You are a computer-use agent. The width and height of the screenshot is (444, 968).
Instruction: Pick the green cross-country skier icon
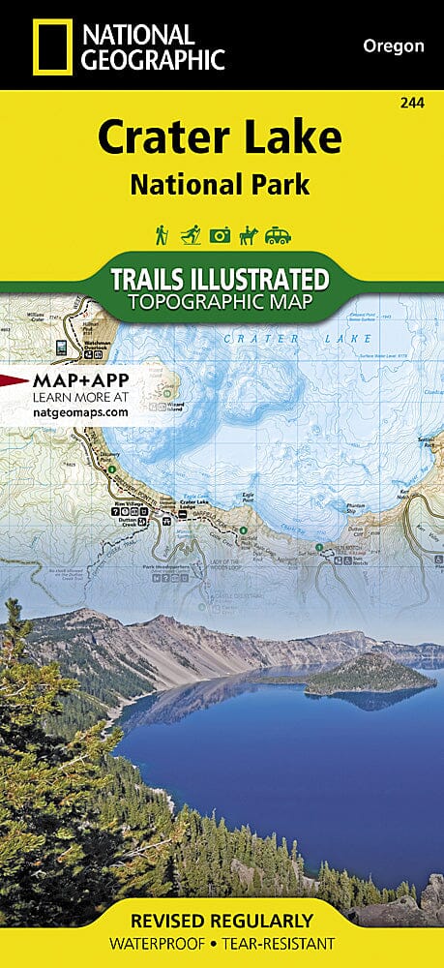pos(191,235)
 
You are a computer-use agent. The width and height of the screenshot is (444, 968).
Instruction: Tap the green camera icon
pos(221,235)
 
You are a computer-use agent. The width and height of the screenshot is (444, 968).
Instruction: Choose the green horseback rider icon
pos(250,235)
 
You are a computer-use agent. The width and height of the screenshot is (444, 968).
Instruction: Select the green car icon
pos(280,235)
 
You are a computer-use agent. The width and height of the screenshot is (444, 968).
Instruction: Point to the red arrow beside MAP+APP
pos(14,379)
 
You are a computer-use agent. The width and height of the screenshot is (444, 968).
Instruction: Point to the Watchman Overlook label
pos(97,346)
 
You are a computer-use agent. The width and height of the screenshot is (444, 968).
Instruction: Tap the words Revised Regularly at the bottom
pos(222,920)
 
